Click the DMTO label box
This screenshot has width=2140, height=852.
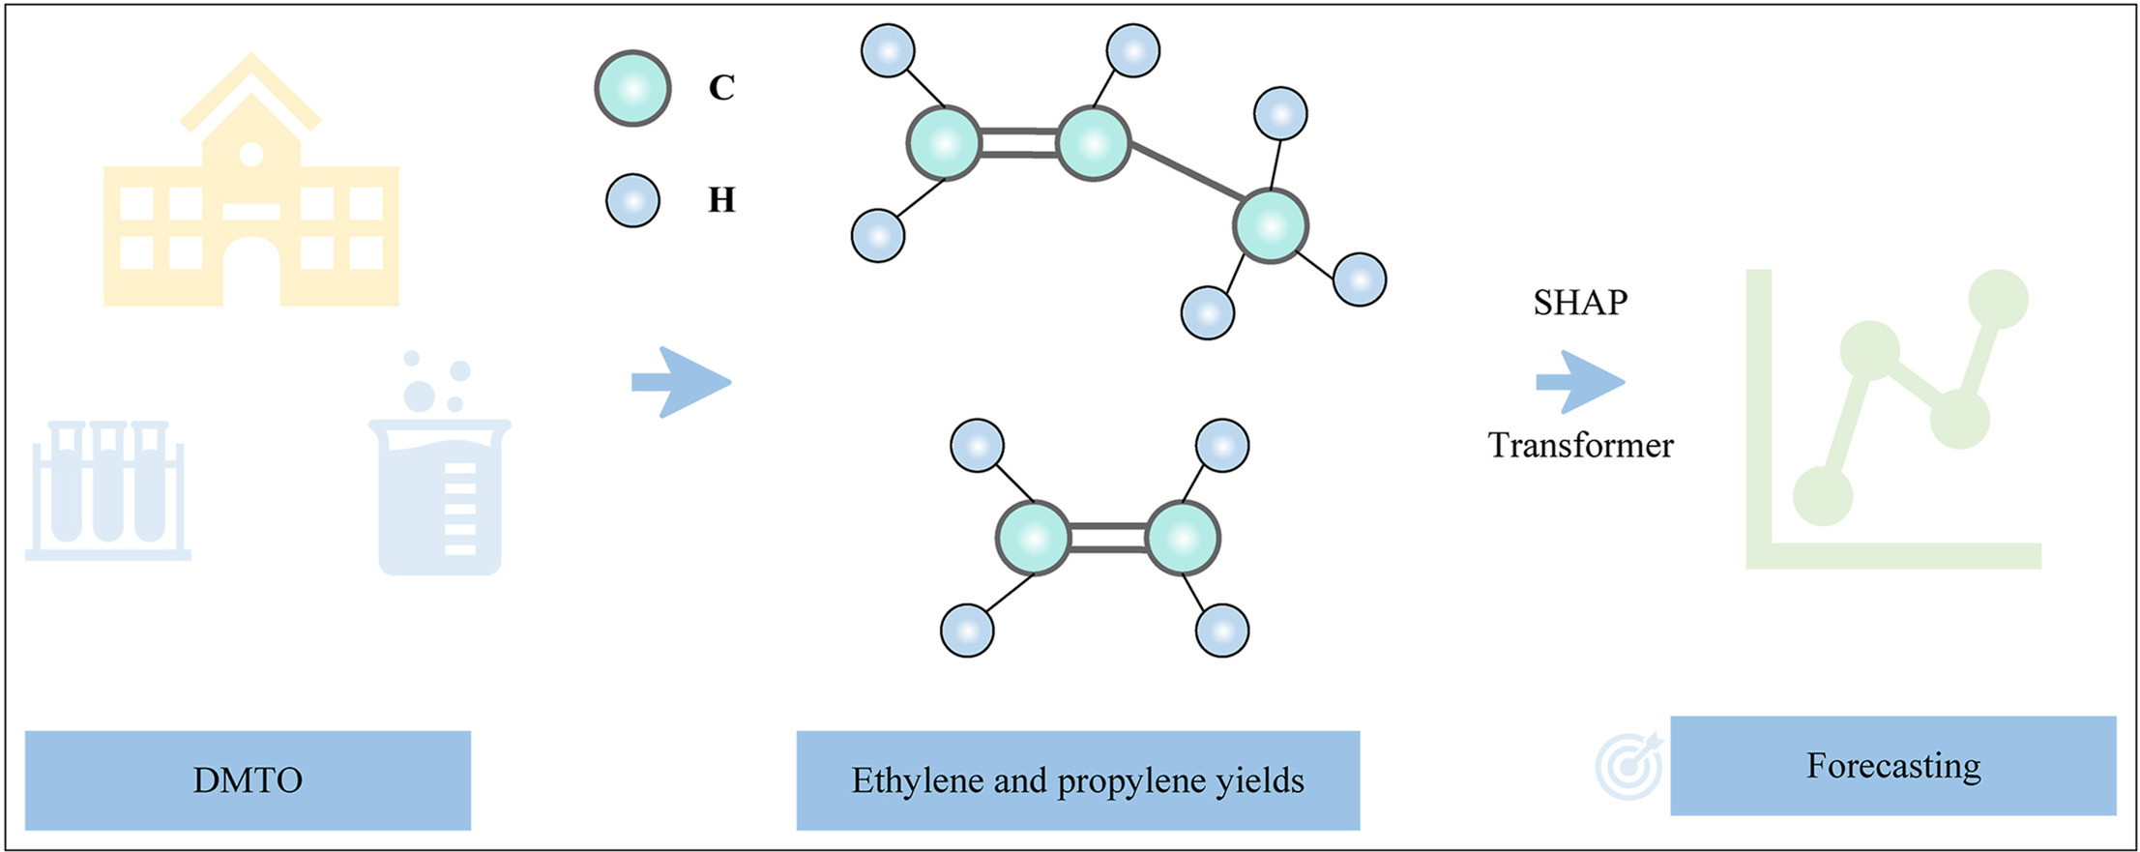pyautogui.click(x=248, y=779)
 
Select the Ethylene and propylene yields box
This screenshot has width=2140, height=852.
pyautogui.click(x=1077, y=779)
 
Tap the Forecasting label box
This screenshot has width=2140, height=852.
pyautogui.click(x=1892, y=765)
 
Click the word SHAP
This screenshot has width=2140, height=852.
pyautogui.click(x=1580, y=303)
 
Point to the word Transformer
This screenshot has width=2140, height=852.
pyautogui.click(x=1580, y=445)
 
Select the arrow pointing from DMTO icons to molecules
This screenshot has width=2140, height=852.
pyautogui.click(x=681, y=382)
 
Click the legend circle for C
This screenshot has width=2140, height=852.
pyautogui.click(x=632, y=88)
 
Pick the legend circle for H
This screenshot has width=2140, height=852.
pyautogui.click(x=632, y=200)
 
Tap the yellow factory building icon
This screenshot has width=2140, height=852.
pyautogui.click(x=251, y=193)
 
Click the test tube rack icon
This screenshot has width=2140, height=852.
pyautogui.click(x=108, y=489)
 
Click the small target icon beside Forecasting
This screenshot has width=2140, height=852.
pyautogui.click(x=1629, y=766)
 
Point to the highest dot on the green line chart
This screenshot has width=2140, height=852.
pyautogui.click(x=1998, y=299)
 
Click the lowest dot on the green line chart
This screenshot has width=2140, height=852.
pyautogui.click(x=1823, y=495)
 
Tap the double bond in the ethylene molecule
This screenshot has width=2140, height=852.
pyautogui.click(x=1107, y=538)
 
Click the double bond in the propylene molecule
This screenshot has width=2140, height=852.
pyautogui.click(x=1017, y=143)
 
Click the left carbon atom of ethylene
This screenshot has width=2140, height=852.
pyautogui.click(x=1033, y=538)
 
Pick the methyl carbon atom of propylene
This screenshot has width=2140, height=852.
pyautogui.click(x=1271, y=225)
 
